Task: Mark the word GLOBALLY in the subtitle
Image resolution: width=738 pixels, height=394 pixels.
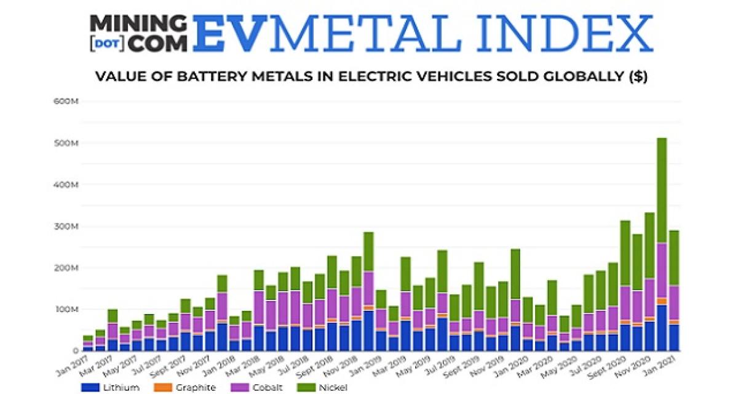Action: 582,78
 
